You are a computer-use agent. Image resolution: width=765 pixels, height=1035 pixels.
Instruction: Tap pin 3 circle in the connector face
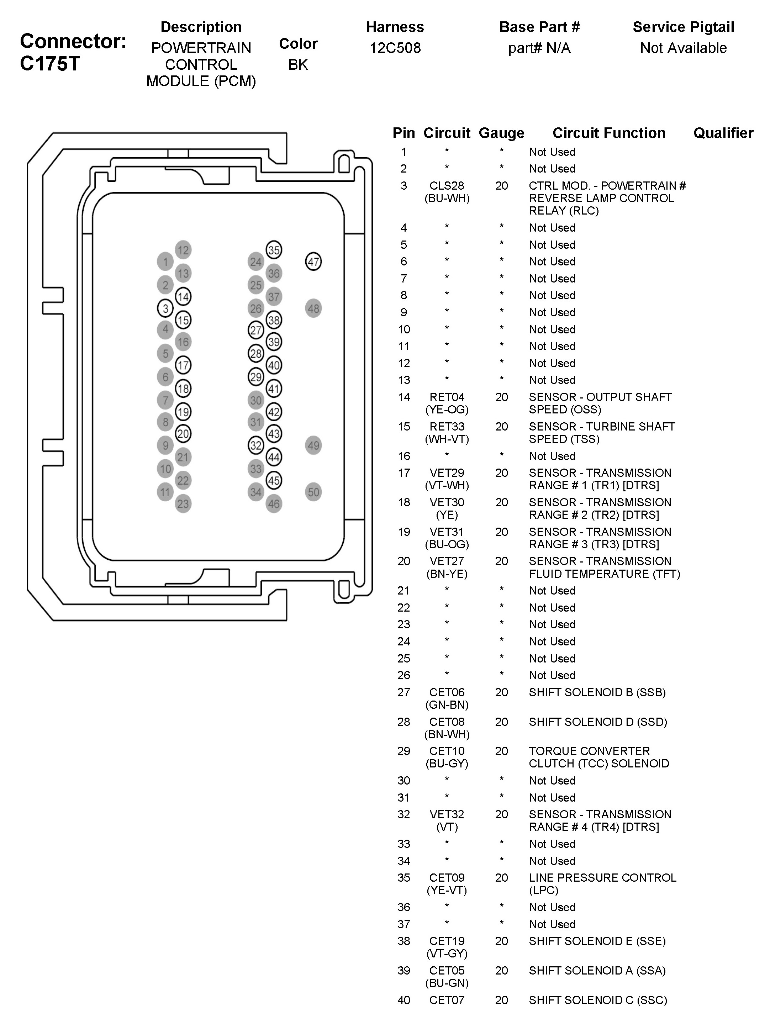coord(165,308)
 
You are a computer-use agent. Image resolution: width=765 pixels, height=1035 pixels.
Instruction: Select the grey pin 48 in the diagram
coord(313,308)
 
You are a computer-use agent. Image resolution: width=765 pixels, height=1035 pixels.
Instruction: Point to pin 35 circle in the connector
coord(274,250)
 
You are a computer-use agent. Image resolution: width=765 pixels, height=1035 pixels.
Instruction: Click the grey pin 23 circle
coord(183,504)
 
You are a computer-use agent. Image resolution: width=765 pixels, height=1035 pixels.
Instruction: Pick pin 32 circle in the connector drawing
coord(256,445)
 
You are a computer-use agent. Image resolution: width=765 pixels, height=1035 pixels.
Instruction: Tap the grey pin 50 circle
coord(313,492)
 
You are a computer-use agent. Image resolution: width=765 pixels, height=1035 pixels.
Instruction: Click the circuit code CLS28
coord(447,186)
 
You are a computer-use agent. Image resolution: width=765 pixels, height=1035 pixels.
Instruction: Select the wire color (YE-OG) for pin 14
coord(447,410)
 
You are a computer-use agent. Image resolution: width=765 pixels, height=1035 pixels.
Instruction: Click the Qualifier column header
coord(723,133)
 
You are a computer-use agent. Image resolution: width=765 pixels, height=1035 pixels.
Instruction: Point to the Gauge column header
coord(501,133)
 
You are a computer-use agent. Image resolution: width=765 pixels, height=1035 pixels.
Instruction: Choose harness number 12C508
coord(395,48)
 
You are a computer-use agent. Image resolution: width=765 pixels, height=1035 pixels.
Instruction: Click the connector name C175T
coord(50,64)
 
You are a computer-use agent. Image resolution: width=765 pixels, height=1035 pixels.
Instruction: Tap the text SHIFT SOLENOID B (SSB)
coord(597,692)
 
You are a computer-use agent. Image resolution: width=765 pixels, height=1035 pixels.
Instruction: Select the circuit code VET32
coord(447,814)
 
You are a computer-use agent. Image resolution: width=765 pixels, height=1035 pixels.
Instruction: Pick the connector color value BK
coord(298,65)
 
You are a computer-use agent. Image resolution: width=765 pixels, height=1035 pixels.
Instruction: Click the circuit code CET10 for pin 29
coord(447,751)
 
